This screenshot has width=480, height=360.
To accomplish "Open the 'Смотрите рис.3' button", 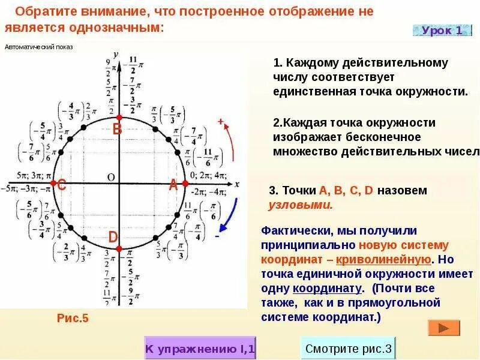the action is pos(348,348).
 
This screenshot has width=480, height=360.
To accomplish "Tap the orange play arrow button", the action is pos(443,328).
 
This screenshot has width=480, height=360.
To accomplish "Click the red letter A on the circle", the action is pos(173,185).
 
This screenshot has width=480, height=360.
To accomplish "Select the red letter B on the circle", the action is pos(118,129).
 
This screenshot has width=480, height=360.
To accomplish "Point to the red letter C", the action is pos(61,186).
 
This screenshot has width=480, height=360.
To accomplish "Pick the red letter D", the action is pos(113,238).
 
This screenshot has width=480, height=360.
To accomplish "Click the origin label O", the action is pos(110,176).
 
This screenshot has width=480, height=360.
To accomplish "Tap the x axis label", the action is pos(237,184).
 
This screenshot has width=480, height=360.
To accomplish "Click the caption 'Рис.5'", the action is pos(73,318).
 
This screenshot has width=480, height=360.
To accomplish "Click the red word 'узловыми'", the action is pos(300,205).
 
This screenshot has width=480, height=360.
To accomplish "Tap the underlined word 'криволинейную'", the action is pos(383,259).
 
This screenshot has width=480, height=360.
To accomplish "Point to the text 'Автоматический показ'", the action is pos(38,47).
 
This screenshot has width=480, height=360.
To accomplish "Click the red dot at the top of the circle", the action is pos(119,116).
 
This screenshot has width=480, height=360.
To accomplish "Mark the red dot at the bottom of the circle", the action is pos(119,248).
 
